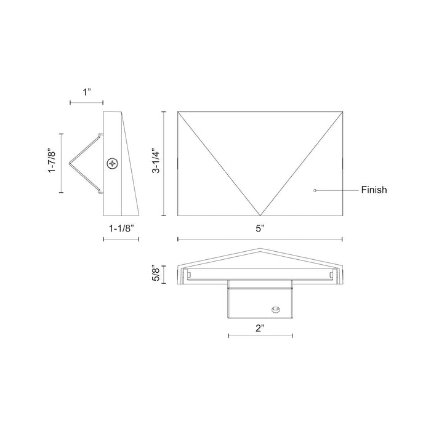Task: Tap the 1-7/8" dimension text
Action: [54, 163]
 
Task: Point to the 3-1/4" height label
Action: [156, 163]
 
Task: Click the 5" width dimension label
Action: [260, 228]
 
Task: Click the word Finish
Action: [374, 190]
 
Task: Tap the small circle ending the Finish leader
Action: [315, 190]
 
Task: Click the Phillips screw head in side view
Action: [113, 163]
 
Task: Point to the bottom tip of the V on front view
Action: [259, 215]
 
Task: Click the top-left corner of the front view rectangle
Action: [177, 111]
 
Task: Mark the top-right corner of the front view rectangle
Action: [342, 111]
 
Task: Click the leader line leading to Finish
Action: [337, 190]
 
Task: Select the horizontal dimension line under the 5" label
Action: [260, 239]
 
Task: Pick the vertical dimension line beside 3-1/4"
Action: [164, 163]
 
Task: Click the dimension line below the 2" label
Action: [260, 336]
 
